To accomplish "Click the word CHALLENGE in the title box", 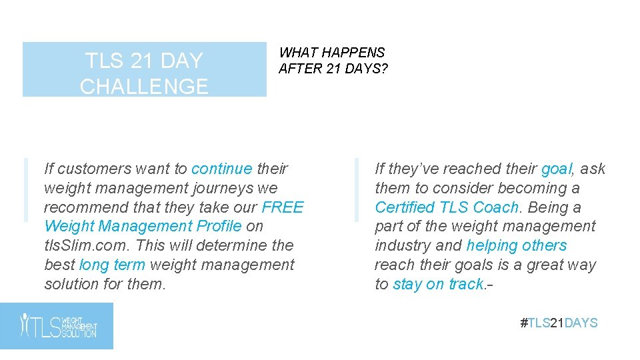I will tap(144, 87).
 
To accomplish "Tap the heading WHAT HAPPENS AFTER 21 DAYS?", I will tap(333, 60).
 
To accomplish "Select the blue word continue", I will tap(221, 169).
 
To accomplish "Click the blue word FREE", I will tap(283, 207).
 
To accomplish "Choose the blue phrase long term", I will tap(112, 265).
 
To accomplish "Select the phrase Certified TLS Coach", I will tap(447, 207).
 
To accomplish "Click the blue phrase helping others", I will tap(517, 245).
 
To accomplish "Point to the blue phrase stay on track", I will tap(438, 284).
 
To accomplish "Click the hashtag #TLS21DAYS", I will tap(559, 323).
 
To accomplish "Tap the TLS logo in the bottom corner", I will tap(57, 325).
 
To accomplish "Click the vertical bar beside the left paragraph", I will tap(25, 189).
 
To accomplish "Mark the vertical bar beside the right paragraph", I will tap(357, 189).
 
